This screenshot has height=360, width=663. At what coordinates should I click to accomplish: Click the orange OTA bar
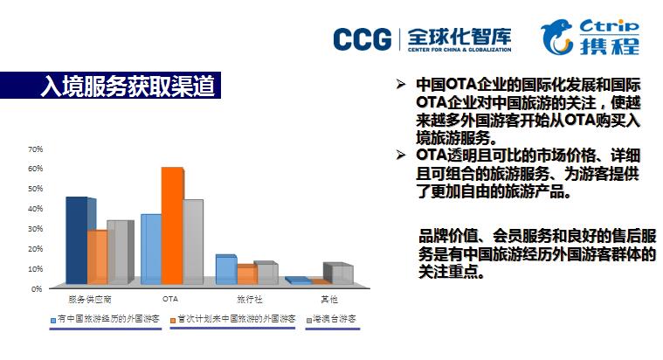172,225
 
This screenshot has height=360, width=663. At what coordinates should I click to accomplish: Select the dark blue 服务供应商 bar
77,240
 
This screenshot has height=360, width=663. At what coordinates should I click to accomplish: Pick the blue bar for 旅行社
226,269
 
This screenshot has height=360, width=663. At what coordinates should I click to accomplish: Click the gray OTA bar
193,241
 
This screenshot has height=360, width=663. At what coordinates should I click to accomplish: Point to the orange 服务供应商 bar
98,257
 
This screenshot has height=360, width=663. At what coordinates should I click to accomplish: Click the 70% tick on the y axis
36,149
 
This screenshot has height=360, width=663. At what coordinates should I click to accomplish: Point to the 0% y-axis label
38,289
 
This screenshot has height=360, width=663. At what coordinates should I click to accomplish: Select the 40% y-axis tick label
36,209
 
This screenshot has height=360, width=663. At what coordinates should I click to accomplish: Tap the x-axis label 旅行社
250,300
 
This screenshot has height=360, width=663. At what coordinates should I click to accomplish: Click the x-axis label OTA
170,299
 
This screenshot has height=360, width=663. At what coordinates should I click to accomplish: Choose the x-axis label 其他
329,300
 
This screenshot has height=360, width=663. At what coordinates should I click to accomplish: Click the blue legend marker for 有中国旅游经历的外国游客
53,321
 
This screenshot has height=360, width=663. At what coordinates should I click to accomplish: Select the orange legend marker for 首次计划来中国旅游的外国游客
172,321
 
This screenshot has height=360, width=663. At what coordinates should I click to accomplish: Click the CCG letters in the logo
363,39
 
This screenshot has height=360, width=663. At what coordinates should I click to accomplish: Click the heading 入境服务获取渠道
128,86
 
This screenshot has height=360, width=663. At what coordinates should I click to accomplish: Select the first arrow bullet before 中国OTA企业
401,84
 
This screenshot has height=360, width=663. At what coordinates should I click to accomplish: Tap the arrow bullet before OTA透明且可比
401,156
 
